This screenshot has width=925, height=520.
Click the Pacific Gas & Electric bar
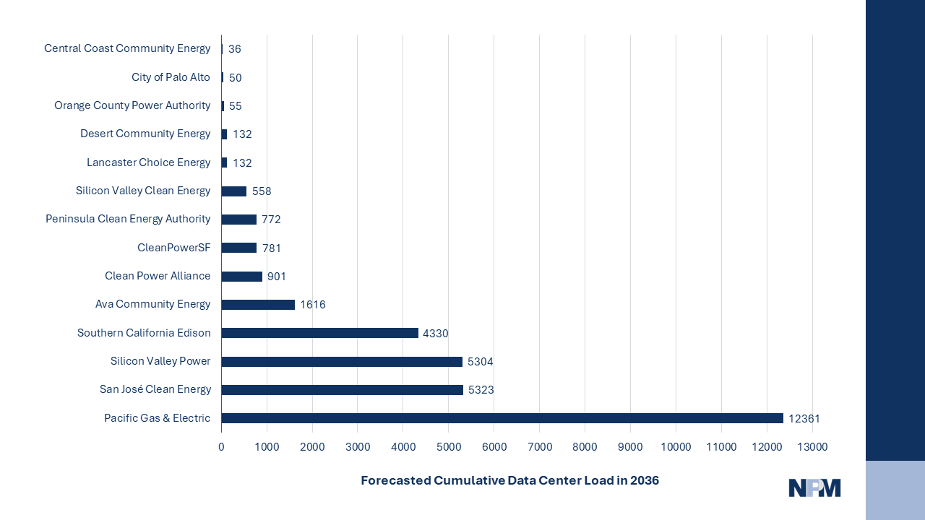click(x=502, y=418)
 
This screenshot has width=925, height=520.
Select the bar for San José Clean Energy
click(x=342, y=390)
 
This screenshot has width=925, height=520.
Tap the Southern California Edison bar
click(x=319, y=333)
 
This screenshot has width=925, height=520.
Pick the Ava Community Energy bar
click(x=258, y=305)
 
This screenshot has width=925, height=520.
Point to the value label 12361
click(x=804, y=419)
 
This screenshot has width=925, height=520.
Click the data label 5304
click(x=481, y=362)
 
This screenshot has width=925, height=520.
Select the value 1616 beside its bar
click(x=313, y=305)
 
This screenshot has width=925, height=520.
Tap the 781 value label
click(x=272, y=248)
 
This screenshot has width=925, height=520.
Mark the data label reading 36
click(x=235, y=49)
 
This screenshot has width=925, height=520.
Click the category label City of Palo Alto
click(x=171, y=77)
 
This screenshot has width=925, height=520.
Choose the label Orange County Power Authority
click(x=132, y=105)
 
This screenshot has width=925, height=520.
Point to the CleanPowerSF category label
click(x=173, y=248)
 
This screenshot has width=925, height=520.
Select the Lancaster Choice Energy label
click(x=148, y=162)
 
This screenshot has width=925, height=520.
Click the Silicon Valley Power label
click(x=160, y=361)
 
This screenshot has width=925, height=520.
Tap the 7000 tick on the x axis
click(x=539, y=447)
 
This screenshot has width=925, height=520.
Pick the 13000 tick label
click(x=812, y=447)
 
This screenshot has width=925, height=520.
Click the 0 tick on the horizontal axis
click(x=221, y=447)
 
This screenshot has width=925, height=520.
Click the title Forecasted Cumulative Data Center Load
click(x=509, y=480)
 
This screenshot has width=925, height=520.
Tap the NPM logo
click(x=814, y=488)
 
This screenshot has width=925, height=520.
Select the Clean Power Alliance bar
click(x=241, y=277)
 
